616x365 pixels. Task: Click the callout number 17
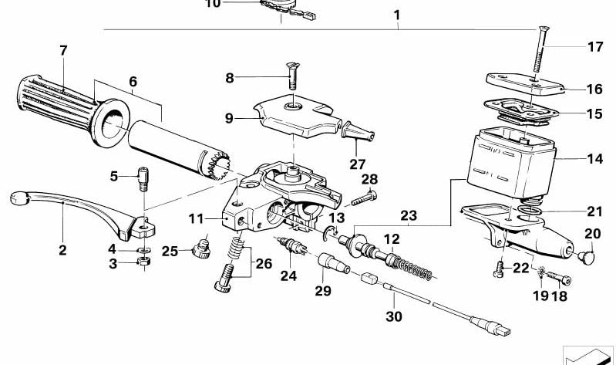(595, 46)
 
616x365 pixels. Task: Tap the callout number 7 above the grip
(63, 51)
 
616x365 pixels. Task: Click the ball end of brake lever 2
(19, 199)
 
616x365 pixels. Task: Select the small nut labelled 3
(143, 263)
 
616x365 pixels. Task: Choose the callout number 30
(394, 316)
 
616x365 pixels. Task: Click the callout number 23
(407, 215)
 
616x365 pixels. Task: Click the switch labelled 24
(293, 248)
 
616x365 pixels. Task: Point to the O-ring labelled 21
(527, 210)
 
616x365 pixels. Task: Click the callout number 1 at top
(396, 15)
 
